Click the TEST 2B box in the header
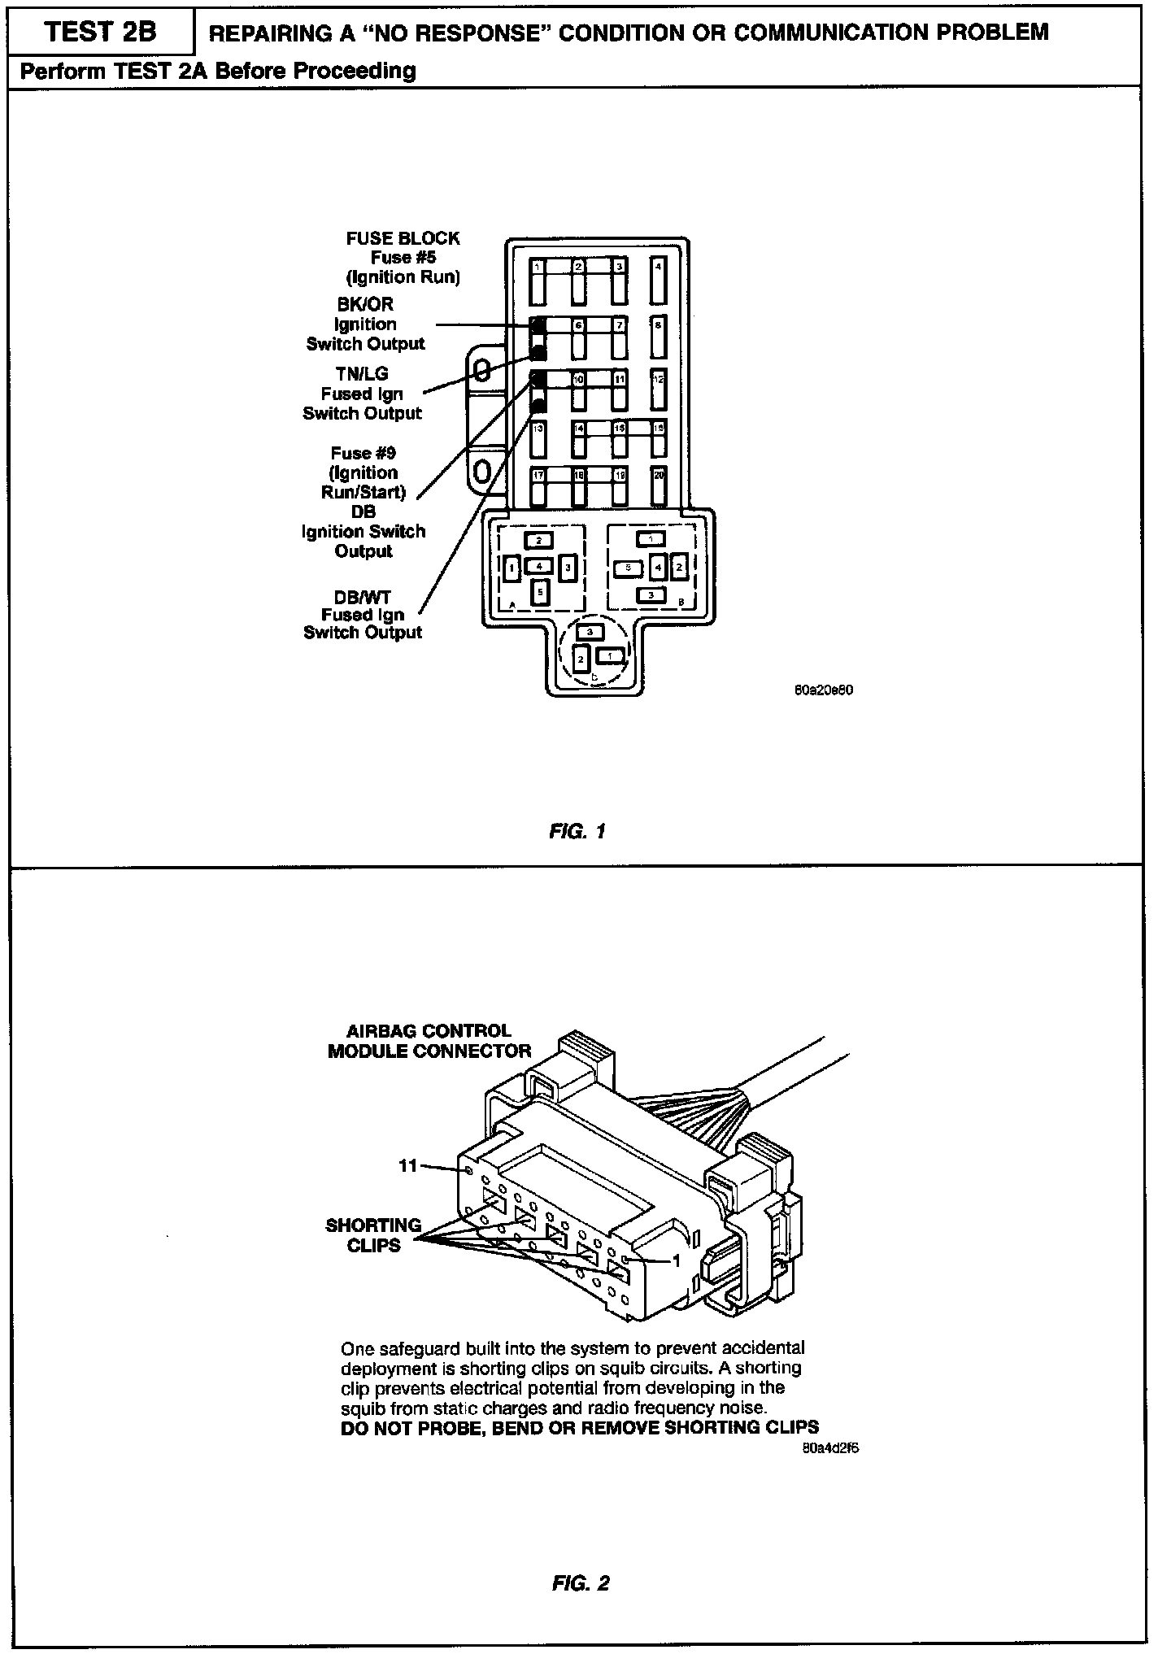102,32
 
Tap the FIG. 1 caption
577,832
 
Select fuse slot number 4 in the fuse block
658,281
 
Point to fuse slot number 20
659,486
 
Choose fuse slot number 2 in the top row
578,281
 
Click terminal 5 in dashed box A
539,594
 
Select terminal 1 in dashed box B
651,538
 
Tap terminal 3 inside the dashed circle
590,631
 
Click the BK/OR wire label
365,304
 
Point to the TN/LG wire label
362,374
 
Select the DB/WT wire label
363,597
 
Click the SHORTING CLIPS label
373,1235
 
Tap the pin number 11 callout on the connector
407,1166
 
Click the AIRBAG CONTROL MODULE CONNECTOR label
429,1041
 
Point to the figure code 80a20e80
824,690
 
